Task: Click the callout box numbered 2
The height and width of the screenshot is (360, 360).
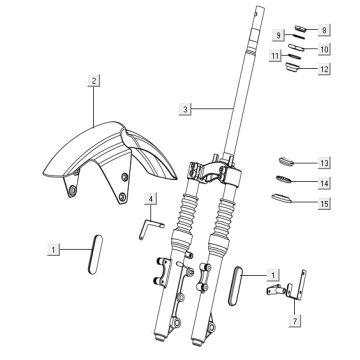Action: coord(94,81)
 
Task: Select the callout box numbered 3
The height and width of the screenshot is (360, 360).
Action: coord(185,109)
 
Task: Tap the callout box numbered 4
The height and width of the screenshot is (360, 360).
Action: coord(151,199)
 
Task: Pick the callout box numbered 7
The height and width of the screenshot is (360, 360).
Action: coord(295,321)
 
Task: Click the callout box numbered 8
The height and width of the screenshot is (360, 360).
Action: coord(324,30)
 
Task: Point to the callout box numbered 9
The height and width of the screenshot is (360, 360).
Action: coord(278,35)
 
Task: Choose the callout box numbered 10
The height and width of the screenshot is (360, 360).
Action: coord(324,49)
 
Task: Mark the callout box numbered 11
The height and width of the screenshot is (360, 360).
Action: coord(275,55)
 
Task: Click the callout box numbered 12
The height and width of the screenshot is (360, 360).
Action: coord(324,69)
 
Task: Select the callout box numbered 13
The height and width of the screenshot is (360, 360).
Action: coord(324,163)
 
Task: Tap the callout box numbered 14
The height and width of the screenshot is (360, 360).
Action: coord(324,183)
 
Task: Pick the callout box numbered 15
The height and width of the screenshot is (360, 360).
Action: coord(324,203)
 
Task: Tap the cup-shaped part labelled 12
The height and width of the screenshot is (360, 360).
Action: coord(292,67)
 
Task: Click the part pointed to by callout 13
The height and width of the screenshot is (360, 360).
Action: coord(286,162)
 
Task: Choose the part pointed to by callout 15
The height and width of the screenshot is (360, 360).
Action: coord(282,198)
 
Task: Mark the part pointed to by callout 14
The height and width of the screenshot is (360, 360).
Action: coord(284,179)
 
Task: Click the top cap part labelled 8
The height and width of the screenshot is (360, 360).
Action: coord(300,28)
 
